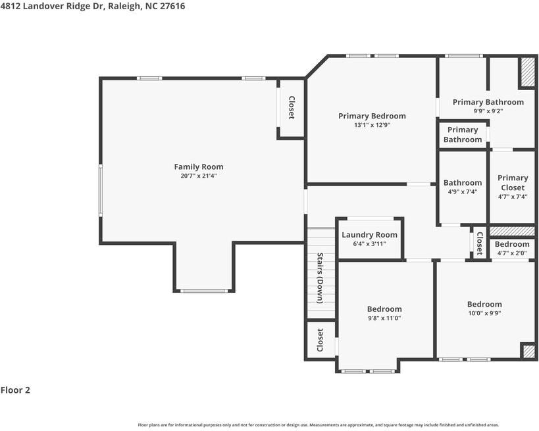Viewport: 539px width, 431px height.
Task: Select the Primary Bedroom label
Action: tap(372, 116)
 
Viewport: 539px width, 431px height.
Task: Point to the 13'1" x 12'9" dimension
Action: tap(372, 125)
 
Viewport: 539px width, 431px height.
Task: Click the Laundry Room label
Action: tap(369, 235)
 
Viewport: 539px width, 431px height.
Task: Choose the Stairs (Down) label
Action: tap(320, 278)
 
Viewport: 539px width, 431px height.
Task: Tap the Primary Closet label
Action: tap(512, 182)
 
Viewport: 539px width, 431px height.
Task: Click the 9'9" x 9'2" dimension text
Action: tap(488, 111)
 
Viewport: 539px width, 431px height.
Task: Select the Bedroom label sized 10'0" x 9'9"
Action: tap(484, 304)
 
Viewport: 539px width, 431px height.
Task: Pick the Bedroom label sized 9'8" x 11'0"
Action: tap(384, 309)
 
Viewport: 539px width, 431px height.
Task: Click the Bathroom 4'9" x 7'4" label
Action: tap(462, 183)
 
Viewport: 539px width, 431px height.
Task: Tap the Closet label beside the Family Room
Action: tap(291, 108)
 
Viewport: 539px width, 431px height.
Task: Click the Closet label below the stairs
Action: tap(321, 340)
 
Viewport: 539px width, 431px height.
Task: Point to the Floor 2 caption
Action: tap(15, 390)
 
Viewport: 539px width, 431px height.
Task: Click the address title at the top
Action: tap(93, 6)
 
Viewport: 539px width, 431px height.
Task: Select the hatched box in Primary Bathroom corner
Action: tap(527, 72)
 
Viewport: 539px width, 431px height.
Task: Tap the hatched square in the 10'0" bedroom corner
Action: tap(528, 351)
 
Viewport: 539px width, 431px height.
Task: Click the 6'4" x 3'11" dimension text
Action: tap(369, 244)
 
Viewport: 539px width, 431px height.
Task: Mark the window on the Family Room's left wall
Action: tap(101, 190)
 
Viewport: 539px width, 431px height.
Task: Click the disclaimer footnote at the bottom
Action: tap(318, 425)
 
